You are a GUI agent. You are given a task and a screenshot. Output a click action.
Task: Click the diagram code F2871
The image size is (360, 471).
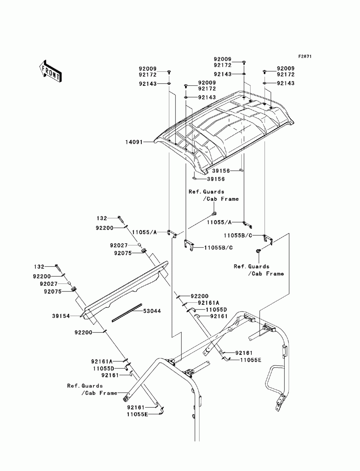305,56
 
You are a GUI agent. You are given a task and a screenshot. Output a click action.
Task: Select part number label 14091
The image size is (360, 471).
134,142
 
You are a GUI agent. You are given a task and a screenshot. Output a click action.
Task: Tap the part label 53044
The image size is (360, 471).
152,311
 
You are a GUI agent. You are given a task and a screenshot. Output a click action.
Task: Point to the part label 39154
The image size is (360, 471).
61,316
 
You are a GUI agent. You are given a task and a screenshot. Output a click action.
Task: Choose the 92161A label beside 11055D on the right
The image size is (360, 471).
208,303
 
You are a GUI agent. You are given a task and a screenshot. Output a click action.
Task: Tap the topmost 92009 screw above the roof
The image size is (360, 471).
244,63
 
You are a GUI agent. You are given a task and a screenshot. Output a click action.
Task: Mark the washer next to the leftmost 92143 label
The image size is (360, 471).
169,83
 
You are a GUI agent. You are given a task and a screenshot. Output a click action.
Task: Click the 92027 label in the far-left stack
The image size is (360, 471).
49,284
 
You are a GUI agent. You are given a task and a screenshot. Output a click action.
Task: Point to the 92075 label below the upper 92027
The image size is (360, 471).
123,253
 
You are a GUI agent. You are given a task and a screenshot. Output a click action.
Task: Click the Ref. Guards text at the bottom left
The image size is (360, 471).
85,386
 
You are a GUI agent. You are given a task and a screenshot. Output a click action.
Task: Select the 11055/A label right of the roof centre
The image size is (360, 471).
219,222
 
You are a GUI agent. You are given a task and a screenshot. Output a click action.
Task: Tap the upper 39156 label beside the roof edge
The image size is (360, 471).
221,171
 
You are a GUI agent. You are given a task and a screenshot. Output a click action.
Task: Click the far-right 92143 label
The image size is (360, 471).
285,83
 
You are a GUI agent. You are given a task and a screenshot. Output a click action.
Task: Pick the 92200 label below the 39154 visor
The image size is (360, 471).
84,332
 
